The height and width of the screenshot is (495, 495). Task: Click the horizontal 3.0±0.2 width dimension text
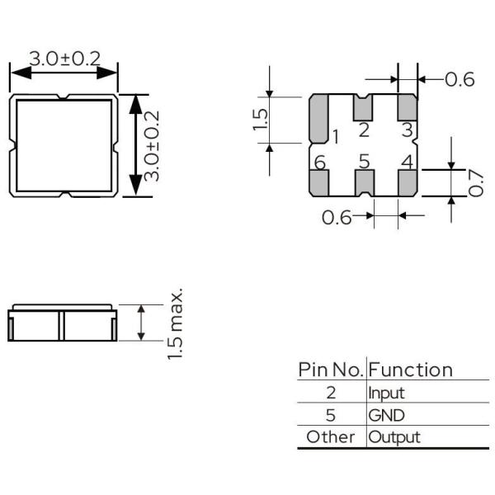tap(64, 59)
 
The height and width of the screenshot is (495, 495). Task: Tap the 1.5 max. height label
tap(176, 324)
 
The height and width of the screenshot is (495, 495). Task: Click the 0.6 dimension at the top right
tap(460, 80)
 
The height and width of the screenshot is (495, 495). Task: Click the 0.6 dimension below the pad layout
tap(337, 218)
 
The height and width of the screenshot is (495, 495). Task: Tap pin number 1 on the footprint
tap(337, 136)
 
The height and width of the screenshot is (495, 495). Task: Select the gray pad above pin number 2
tap(363, 106)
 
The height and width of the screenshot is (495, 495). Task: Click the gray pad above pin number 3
tap(407, 106)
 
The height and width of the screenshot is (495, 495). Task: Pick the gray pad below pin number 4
tap(407, 183)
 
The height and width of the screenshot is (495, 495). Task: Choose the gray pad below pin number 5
tap(363, 183)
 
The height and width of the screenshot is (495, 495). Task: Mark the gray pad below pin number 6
tap(319, 183)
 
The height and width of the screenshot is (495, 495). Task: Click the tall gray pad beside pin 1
tap(319, 117)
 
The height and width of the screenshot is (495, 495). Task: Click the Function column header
tap(411, 370)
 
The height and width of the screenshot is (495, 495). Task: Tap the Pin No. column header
tap(330, 370)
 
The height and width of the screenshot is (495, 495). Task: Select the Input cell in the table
tap(386, 394)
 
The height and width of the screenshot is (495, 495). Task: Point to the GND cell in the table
tap(386, 415)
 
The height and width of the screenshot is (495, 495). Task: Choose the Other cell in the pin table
tap(330, 436)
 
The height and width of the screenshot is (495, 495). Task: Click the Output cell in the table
tap(394, 436)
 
